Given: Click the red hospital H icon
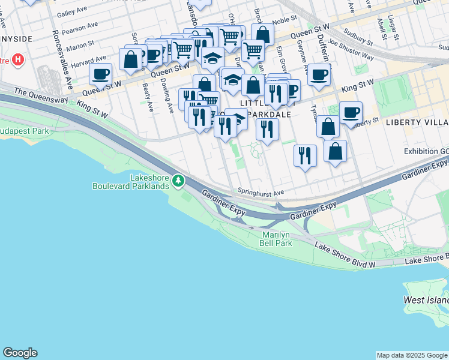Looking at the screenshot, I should pyautogui.click(x=18, y=60).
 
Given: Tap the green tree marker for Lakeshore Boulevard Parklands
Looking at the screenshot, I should pyautogui.click(x=178, y=181).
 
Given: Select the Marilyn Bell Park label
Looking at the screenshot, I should pyautogui.click(x=276, y=239).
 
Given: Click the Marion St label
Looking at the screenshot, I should pyautogui.click(x=80, y=44).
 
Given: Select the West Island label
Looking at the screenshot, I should pyautogui.click(x=426, y=300).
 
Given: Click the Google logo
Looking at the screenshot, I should pyautogui.click(x=20, y=353).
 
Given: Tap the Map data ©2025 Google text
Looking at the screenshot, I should pyautogui.click(x=412, y=355).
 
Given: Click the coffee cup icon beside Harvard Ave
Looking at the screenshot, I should pyautogui.click(x=101, y=75).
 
